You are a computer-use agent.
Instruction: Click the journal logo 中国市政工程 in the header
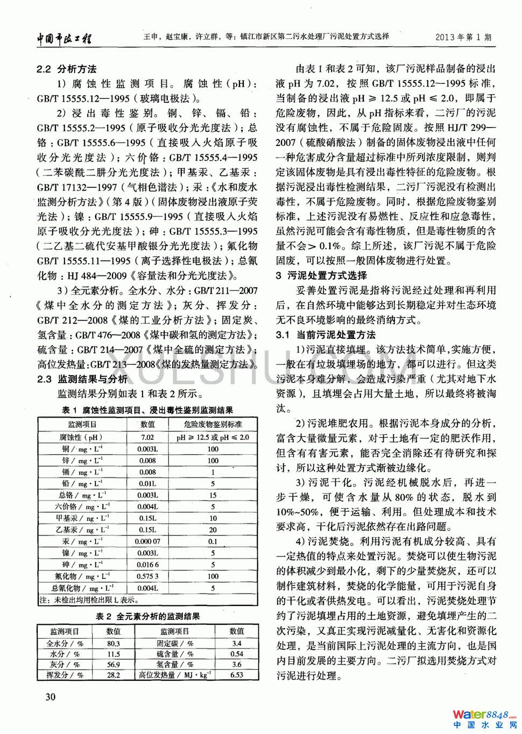tap(64, 38)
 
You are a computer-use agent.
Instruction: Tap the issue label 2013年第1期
tap(463, 37)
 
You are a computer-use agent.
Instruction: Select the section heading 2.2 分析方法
tap(66, 69)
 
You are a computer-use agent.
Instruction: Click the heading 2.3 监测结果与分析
tap(82, 379)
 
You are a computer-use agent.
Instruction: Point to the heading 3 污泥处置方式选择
tap(321, 276)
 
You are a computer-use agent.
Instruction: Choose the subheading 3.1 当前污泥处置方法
tap(326, 335)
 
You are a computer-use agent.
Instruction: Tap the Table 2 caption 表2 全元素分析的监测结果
tap(147, 616)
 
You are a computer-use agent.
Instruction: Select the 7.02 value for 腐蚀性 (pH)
tap(147, 437)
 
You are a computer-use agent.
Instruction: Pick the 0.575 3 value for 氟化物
tap(147, 576)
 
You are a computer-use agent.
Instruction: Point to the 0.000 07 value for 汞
tap(147, 541)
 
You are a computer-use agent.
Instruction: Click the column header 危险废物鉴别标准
tap(213, 425)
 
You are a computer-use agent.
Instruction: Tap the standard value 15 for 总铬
tap(213, 495)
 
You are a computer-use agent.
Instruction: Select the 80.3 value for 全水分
tap(113, 643)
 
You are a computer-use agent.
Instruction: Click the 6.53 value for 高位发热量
tap(236, 674)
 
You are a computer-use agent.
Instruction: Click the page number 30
tap(50, 697)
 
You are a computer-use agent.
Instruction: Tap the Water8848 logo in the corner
tap(484, 718)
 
